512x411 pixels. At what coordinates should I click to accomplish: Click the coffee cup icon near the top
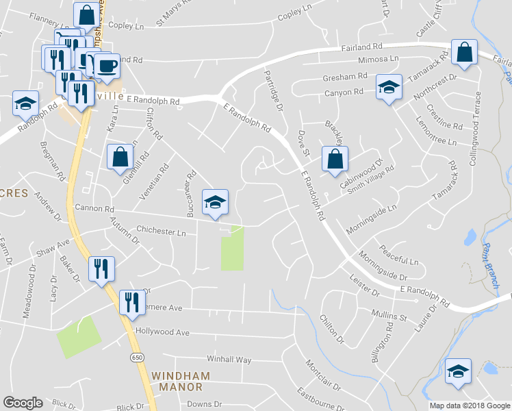106,66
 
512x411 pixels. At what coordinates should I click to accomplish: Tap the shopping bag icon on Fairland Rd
464,52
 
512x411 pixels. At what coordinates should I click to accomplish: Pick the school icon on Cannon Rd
215,203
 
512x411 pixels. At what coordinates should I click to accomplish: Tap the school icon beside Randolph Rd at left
25,105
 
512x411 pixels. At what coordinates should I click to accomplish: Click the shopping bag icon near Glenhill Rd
120,157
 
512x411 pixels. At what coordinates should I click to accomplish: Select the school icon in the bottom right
458,373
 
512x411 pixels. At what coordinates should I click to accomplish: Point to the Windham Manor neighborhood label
177,382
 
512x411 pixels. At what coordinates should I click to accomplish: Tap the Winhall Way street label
229,360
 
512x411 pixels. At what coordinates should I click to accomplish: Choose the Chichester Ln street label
162,232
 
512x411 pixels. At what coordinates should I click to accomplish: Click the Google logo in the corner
23,403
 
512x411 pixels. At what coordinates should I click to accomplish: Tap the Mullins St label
389,315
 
